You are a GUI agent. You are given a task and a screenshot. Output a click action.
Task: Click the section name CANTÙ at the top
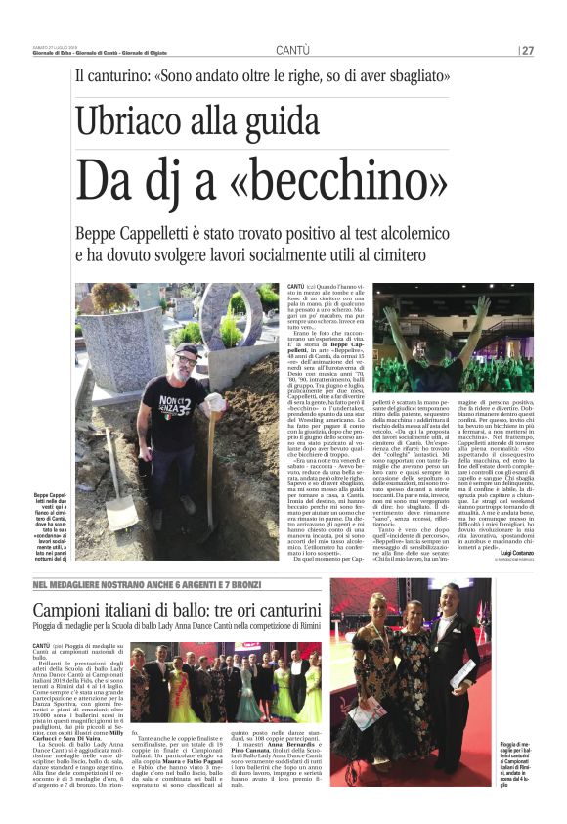coord(292,50)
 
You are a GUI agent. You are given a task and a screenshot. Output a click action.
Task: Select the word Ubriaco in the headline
coord(130,122)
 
